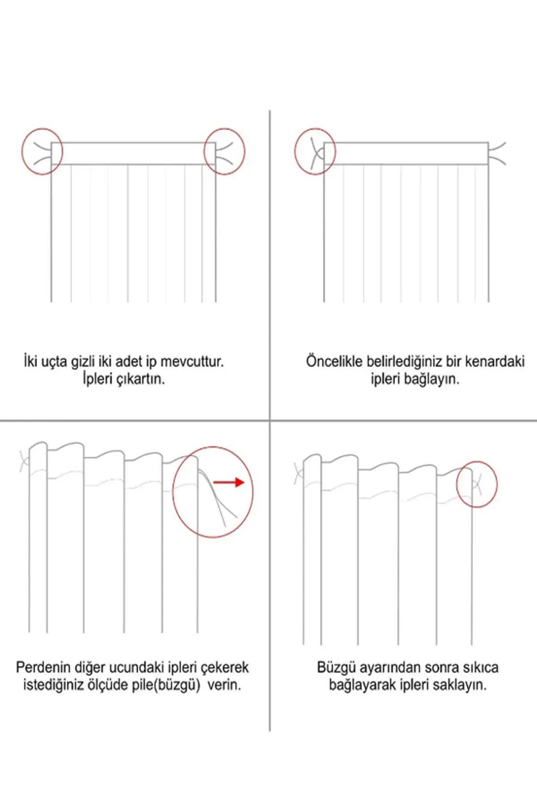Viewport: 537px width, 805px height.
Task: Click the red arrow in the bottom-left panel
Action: click(229, 483)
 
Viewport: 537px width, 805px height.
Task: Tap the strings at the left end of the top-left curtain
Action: click(42, 152)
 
